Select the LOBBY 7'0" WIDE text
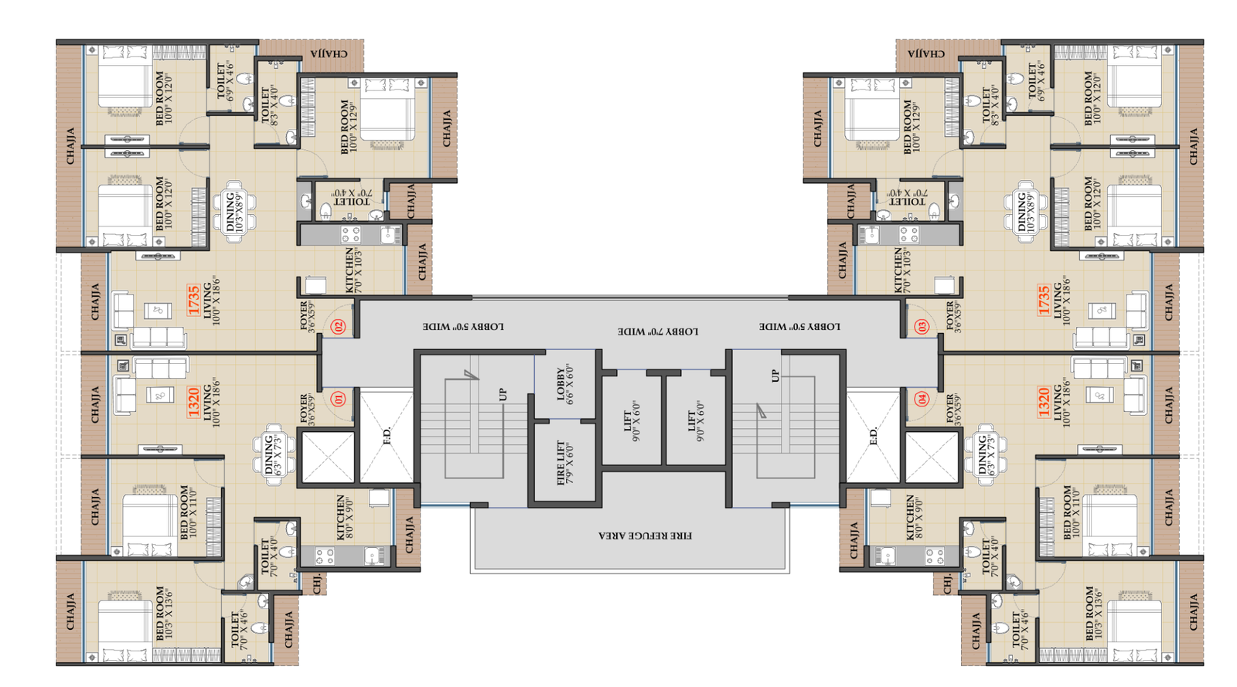(x=658, y=331)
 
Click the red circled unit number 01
(x=338, y=400)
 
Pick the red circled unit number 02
(x=338, y=327)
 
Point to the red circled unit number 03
(x=922, y=327)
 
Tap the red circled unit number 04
(x=922, y=400)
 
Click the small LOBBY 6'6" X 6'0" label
(x=565, y=383)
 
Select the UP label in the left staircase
(x=503, y=395)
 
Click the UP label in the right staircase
(x=775, y=376)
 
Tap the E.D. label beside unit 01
(x=387, y=437)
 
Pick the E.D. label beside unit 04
(x=874, y=437)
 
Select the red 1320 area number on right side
(x=1044, y=402)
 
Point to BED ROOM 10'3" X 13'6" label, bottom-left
(x=164, y=613)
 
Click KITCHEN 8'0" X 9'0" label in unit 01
(x=345, y=518)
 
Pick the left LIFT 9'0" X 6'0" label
(x=632, y=421)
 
